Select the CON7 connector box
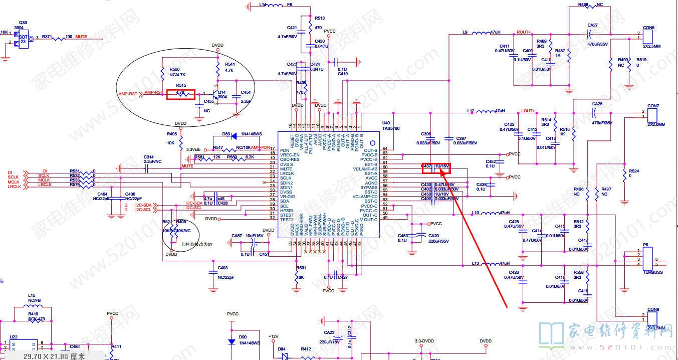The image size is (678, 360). [653, 115]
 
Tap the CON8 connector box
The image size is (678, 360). [653, 318]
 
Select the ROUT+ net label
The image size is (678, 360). [524, 32]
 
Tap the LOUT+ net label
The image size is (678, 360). [528, 110]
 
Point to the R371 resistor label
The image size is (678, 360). [47, 37]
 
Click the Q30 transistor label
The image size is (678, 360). [23, 23]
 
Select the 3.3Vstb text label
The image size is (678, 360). [193, 149]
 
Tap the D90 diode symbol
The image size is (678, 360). [232, 341]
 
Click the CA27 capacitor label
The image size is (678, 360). [592, 25]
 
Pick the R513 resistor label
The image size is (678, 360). [320, 18]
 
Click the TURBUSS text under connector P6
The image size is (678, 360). [652, 272]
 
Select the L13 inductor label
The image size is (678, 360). [476, 263]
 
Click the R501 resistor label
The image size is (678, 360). [301, 268]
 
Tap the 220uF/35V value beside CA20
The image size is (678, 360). [438, 241]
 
